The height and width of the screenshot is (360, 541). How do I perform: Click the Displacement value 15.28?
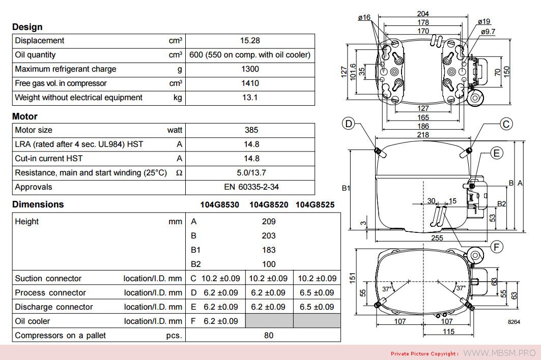tap(250, 41)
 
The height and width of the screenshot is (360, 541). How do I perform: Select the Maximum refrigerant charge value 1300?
tap(250, 69)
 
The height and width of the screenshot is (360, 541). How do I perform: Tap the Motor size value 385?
tap(251, 130)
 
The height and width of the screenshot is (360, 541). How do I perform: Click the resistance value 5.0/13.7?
tap(251, 173)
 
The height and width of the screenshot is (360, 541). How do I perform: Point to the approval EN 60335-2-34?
tap(251, 187)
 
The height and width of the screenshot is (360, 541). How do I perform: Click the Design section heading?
tap(27, 27)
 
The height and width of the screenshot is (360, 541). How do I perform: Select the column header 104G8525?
tap(315, 205)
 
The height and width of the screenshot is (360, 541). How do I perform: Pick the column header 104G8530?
tap(220, 205)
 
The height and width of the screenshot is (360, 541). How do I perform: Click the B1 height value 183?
tap(268, 250)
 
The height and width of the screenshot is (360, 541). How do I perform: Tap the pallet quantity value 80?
tap(268, 336)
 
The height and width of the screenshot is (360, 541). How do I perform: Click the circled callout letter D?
tap(349, 124)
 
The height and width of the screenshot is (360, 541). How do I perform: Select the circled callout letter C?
tap(506, 124)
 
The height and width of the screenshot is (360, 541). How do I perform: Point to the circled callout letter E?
tap(497, 153)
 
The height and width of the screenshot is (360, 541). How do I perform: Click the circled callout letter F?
tap(497, 247)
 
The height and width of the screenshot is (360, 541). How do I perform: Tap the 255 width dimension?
tap(437, 238)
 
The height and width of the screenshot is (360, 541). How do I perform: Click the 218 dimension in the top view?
tap(423, 134)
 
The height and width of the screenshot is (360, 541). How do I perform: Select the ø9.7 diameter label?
tap(488, 32)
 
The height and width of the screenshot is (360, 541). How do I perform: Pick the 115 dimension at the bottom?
tap(448, 332)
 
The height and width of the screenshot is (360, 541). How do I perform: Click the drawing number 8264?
tap(514, 322)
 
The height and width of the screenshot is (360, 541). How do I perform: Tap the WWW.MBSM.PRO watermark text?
tap(499, 353)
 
